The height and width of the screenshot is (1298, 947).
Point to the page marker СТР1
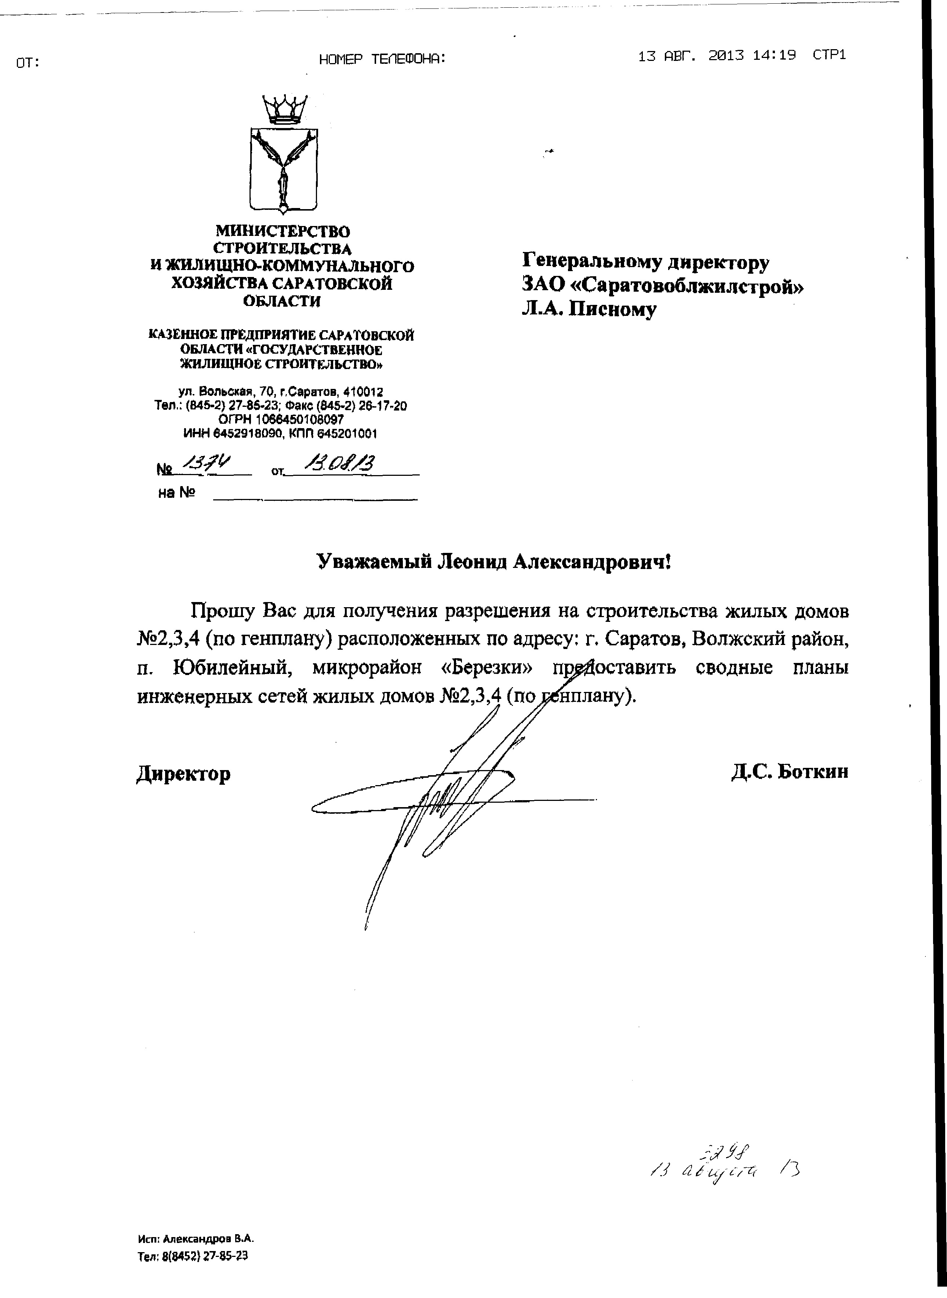click(829, 56)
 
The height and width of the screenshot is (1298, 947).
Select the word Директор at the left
click(183, 774)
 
